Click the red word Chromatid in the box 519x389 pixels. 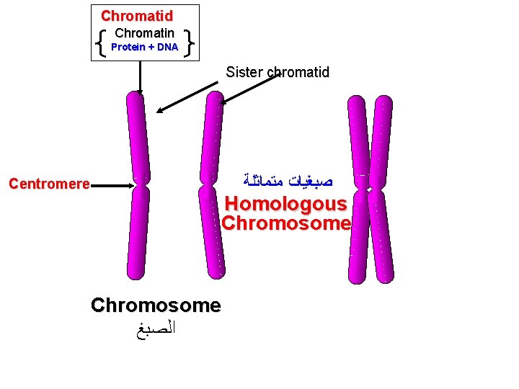(x=137, y=15)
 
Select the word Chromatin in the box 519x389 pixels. (x=144, y=33)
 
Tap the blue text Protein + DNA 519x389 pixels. (x=144, y=47)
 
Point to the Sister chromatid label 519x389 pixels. (x=278, y=72)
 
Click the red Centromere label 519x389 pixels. (x=49, y=184)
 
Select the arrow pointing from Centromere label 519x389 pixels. (x=112, y=185)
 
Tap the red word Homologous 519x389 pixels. (x=285, y=205)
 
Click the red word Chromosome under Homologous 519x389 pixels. (x=285, y=223)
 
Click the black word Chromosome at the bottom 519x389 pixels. (x=156, y=305)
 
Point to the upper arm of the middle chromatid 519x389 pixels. (x=210, y=137)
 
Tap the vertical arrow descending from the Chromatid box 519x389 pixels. (x=141, y=76)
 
